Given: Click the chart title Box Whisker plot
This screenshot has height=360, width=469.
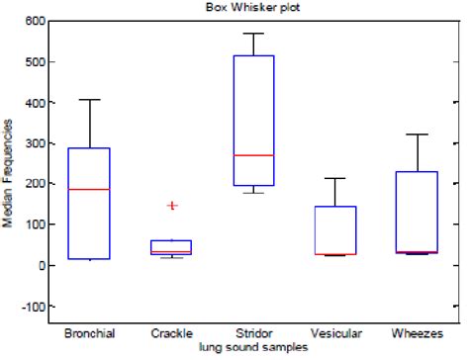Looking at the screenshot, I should click(x=242, y=8).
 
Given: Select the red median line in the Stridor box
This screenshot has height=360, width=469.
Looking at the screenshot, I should click(x=253, y=155).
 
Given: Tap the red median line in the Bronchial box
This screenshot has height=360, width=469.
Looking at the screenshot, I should click(x=89, y=189).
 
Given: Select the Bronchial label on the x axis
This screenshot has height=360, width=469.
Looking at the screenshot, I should click(x=89, y=334).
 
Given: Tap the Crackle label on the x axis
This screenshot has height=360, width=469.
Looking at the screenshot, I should click(x=171, y=334).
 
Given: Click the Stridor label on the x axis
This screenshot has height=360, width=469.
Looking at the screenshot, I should click(x=253, y=334).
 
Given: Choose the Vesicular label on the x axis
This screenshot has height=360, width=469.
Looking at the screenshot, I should click(x=335, y=334).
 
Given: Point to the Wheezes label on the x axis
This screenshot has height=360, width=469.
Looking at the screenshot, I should click(x=418, y=334).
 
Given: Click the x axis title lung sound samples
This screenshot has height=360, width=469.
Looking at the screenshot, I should click(x=252, y=348).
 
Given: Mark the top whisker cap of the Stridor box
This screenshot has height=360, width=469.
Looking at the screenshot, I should click(x=253, y=34).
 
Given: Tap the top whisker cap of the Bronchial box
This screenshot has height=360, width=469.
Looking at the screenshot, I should click(x=89, y=100).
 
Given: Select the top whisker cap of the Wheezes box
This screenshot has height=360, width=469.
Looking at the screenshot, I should click(x=418, y=135).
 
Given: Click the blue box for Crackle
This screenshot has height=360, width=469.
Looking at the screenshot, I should click(x=171, y=247).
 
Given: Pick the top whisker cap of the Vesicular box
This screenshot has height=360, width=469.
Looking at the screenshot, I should click(x=335, y=178).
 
